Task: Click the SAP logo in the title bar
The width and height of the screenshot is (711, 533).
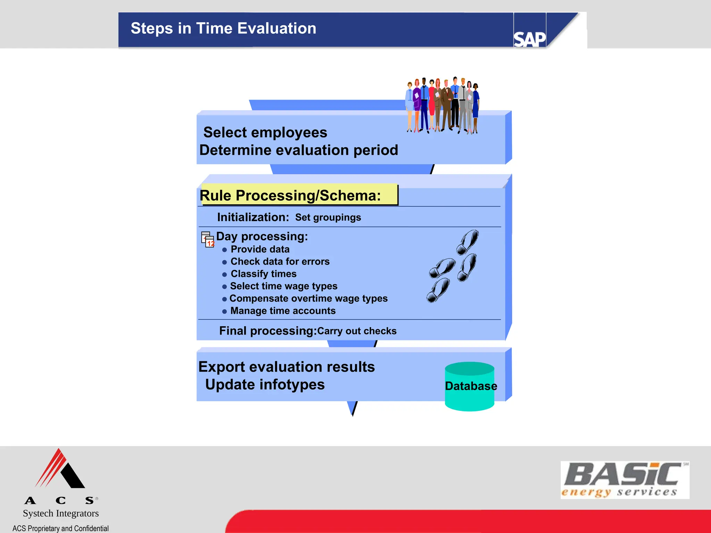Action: click(x=529, y=39)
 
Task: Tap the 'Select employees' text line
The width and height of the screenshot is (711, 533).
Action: click(x=265, y=133)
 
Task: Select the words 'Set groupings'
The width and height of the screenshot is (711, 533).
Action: click(x=328, y=218)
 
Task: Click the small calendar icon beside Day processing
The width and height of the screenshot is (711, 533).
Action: click(x=208, y=239)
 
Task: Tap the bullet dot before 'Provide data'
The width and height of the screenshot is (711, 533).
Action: click(x=225, y=250)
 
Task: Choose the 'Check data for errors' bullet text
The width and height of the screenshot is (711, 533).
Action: click(x=280, y=262)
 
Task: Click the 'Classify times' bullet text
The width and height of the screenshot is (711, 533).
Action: click(x=264, y=274)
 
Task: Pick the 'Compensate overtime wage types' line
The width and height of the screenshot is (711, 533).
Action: click(x=308, y=298)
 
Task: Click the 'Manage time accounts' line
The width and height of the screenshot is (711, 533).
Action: click(x=283, y=311)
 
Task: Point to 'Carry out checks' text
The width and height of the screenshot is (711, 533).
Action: click(x=357, y=331)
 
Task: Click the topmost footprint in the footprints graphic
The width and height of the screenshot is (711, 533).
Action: click(x=468, y=242)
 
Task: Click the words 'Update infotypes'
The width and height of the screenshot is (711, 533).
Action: click(x=265, y=385)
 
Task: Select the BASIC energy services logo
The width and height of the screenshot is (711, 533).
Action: click(x=625, y=480)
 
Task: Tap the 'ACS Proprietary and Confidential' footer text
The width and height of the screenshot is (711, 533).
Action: click(x=60, y=528)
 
